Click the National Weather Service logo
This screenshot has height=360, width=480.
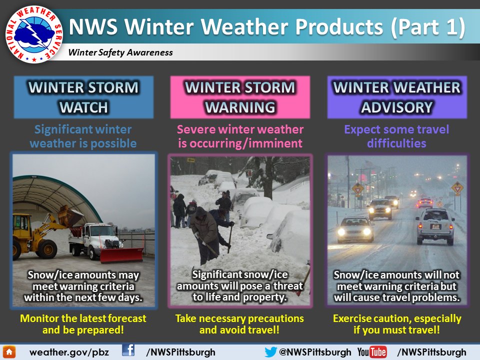(x=33, y=34)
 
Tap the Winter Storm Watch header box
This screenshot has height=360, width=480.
(x=83, y=97)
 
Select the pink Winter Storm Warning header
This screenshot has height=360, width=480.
(x=240, y=97)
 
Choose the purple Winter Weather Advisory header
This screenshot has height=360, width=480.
(x=397, y=97)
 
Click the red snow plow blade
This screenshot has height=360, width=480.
(x=121, y=254)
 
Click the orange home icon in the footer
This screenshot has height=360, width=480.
(x=9, y=352)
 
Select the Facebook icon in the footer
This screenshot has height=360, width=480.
(x=128, y=350)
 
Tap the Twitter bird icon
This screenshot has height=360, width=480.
(x=270, y=352)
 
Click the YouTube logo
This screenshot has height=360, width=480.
(x=372, y=352)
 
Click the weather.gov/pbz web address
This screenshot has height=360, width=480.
(x=69, y=352)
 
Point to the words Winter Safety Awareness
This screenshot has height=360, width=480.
(x=120, y=52)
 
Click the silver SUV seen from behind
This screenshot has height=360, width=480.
(x=434, y=226)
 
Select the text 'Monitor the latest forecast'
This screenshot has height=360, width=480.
(x=83, y=318)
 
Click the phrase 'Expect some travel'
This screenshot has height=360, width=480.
(x=396, y=129)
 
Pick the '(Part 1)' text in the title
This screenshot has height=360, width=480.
(x=428, y=26)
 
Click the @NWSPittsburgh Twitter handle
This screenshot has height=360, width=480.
(x=315, y=352)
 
